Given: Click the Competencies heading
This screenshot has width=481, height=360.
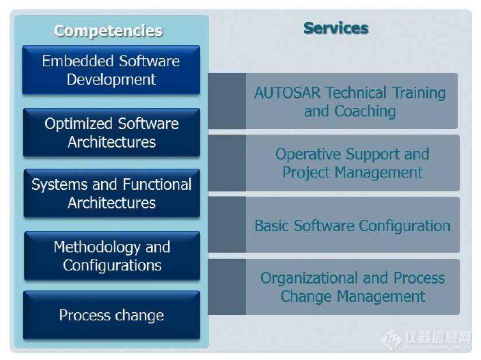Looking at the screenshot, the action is [x=108, y=31].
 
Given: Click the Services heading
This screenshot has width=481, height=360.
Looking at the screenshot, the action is [x=336, y=28].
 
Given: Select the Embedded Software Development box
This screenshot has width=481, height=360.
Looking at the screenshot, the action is [x=111, y=70].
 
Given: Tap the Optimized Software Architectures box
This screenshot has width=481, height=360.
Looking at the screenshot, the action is [x=111, y=133].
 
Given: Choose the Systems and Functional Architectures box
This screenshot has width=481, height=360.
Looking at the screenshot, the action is [x=111, y=193].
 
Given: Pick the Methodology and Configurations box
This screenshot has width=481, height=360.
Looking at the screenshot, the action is [x=112, y=256].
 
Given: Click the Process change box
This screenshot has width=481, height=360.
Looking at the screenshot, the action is [x=111, y=315].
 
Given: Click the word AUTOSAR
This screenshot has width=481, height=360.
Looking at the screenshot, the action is [x=288, y=93].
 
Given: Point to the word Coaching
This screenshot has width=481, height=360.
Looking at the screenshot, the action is [x=365, y=111].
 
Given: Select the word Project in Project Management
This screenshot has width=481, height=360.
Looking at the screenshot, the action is [x=306, y=173].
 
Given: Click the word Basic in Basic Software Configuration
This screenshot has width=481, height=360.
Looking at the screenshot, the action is [x=272, y=225].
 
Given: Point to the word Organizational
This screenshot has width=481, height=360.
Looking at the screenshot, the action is [x=310, y=279].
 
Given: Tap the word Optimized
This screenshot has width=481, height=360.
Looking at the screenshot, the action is [x=79, y=124].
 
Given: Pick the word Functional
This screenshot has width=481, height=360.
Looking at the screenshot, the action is [x=157, y=184].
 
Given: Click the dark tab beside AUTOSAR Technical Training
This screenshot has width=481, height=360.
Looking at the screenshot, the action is [x=227, y=101].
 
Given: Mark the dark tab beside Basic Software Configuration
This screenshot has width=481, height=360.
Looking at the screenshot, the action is [x=227, y=225].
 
